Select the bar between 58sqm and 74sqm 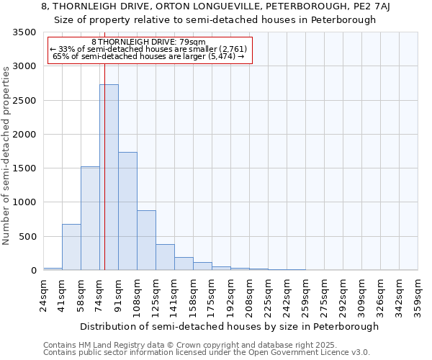coord(90,218)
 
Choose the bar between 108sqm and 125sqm coord(146,240)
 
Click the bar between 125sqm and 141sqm coord(165,257)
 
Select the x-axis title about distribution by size coord(229,326)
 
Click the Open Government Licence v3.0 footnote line coord(207,353)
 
